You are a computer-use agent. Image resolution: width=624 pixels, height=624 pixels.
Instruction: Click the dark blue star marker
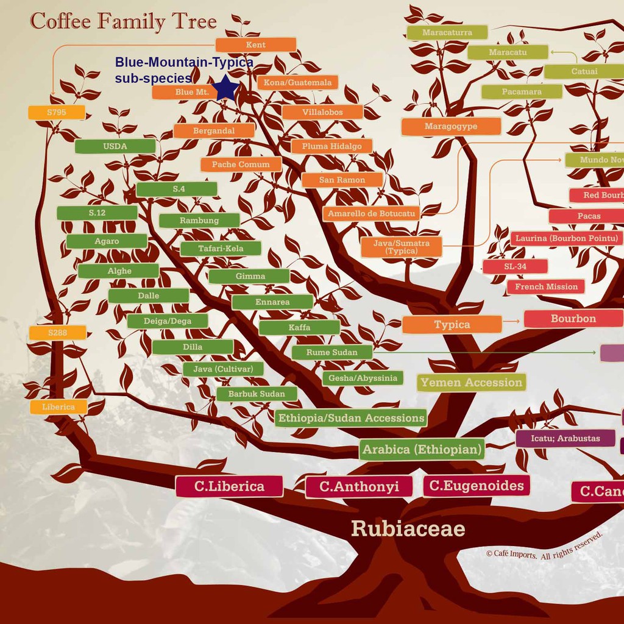(x=226, y=88)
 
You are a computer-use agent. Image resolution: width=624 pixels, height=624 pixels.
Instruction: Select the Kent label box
(x=256, y=44)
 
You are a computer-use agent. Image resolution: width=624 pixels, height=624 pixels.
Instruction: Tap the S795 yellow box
(x=56, y=112)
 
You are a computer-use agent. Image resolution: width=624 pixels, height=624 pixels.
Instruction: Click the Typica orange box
(x=452, y=325)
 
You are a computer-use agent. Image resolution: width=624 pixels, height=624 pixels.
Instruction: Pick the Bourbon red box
(x=573, y=319)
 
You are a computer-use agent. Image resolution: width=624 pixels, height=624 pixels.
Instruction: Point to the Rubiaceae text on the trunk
(x=408, y=528)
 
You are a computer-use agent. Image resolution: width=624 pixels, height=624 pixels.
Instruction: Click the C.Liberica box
(x=229, y=486)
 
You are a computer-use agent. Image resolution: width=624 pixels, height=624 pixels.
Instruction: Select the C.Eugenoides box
(x=476, y=486)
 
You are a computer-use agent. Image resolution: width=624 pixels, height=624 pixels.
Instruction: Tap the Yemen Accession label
(x=472, y=383)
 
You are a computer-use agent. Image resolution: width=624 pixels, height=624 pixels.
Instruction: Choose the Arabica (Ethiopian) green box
(x=422, y=450)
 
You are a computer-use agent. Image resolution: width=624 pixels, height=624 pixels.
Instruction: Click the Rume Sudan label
(x=331, y=352)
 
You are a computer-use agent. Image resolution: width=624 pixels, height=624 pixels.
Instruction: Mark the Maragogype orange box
(x=451, y=127)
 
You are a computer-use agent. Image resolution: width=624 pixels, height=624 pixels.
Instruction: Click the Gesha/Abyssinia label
(x=363, y=378)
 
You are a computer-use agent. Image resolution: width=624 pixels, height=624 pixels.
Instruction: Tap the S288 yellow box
(x=57, y=333)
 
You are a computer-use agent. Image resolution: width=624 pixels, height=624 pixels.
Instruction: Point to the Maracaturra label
(x=447, y=32)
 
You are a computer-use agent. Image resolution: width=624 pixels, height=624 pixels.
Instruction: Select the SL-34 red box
(x=515, y=266)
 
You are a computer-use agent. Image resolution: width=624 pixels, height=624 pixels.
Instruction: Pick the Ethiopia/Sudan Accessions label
(x=351, y=418)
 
